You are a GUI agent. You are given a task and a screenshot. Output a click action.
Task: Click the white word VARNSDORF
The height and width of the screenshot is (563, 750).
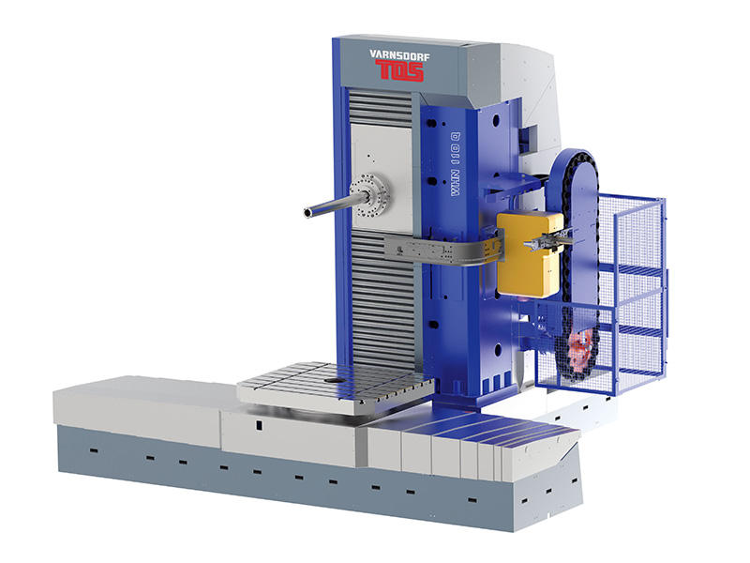(x=399, y=55)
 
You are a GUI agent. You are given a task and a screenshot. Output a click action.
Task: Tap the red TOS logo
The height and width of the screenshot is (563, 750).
(x=399, y=70)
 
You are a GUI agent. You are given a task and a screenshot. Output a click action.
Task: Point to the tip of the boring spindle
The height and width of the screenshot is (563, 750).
(x=307, y=213)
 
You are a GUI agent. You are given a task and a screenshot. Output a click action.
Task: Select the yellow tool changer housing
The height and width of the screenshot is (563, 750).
(x=529, y=253)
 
